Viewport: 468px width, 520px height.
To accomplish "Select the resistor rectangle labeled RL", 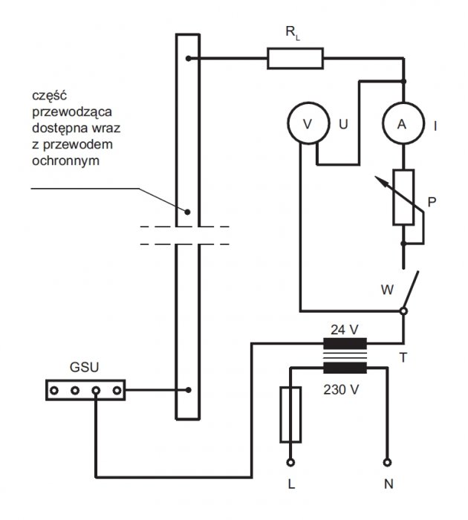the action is click(295, 59).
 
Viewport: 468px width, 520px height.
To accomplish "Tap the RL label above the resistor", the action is click(293, 33).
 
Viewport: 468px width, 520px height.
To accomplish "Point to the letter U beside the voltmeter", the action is click(343, 124).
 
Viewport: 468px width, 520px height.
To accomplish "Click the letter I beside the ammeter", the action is click(435, 126).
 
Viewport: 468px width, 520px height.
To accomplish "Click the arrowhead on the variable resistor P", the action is click(380, 181).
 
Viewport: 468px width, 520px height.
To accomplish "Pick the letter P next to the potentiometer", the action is click(432, 202).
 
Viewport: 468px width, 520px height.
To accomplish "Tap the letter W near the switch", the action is click(387, 290).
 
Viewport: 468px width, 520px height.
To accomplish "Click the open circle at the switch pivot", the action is click(403, 311).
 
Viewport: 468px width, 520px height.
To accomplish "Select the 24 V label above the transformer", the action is click(344, 330).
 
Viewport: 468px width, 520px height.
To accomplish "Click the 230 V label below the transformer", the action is click(341, 390).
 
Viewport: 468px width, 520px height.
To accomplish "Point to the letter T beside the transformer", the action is click(403, 358).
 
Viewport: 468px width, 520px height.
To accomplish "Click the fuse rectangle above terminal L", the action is click(290, 415).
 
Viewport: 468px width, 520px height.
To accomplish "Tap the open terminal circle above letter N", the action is click(387, 462).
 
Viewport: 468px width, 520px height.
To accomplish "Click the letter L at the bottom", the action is click(291, 484).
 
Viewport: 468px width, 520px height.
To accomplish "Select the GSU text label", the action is click(84, 368).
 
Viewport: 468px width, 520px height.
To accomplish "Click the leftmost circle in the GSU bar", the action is click(54, 390).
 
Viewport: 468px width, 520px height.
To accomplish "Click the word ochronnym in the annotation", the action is click(65, 161).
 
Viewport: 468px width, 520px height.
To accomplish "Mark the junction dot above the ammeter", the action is click(403, 81).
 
